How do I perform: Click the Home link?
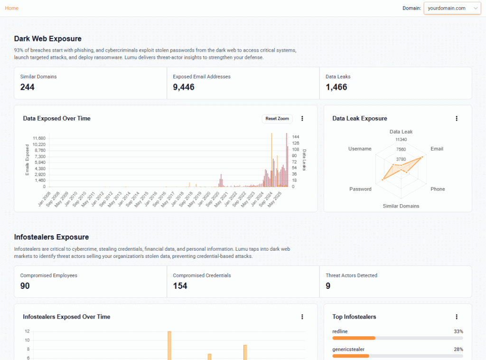(12, 8)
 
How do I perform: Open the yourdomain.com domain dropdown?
(452, 8)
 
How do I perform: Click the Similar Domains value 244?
(27, 87)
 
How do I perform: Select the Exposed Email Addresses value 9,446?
(183, 87)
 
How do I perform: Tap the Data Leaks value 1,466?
(336, 87)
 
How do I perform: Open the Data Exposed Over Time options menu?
(302, 119)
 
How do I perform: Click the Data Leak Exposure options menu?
(457, 119)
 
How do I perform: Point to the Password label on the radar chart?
(360, 189)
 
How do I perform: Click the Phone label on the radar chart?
(438, 189)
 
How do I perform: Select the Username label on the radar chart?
(360, 149)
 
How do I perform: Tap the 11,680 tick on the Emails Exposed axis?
(39, 138)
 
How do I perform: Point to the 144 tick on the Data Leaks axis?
(296, 137)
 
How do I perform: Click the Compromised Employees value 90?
(25, 286)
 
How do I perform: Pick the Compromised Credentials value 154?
(180, 286)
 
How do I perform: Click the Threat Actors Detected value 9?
(328, 286)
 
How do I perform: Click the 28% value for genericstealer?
(458, 349)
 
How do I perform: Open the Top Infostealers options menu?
(457, 317)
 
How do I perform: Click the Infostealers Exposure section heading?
(51, 237)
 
